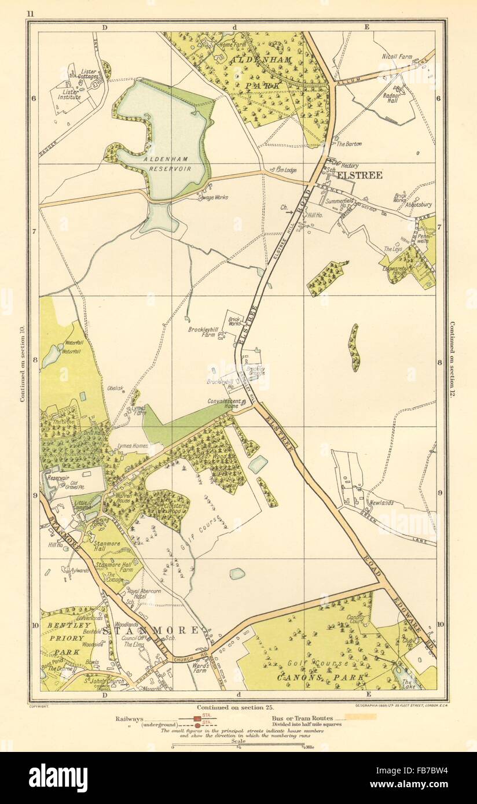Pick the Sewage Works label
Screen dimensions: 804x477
[x=212, y=197]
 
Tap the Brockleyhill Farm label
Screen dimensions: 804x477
[x=202, y=334]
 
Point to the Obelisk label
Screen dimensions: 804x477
[x=115, y=388]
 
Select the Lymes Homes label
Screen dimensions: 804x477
[x=133, y=446]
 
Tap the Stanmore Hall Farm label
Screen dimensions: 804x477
[x=113, y=566]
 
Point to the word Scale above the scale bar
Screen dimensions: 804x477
[x=238, y=740]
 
